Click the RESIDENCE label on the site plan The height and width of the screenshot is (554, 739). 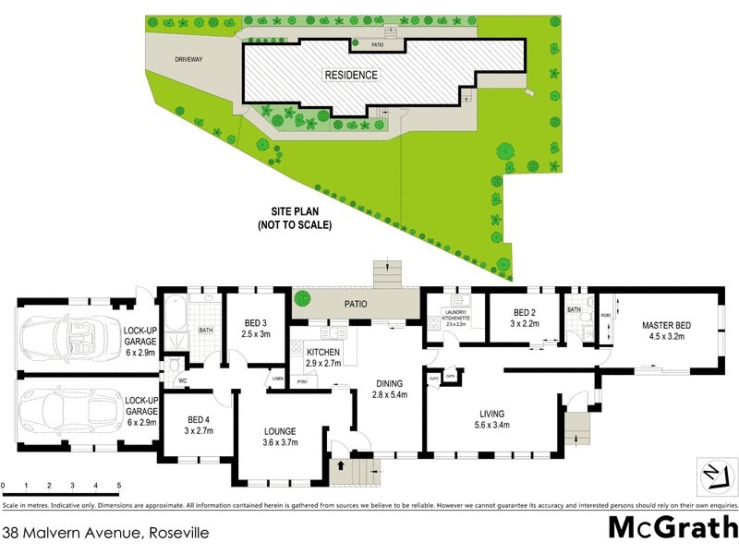tap(350, 75)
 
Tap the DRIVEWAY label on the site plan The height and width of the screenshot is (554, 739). tap(188, 60)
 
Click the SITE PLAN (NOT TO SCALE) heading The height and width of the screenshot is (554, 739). tap(294, 218)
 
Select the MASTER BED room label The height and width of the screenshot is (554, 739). tap(668, 331)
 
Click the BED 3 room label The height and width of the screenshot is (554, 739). tap(257, 328)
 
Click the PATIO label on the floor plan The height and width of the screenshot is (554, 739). tap(357, 302)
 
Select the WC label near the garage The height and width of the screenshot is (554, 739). tap(182, 380)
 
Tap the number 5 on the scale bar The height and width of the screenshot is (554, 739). tap(118, 485)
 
